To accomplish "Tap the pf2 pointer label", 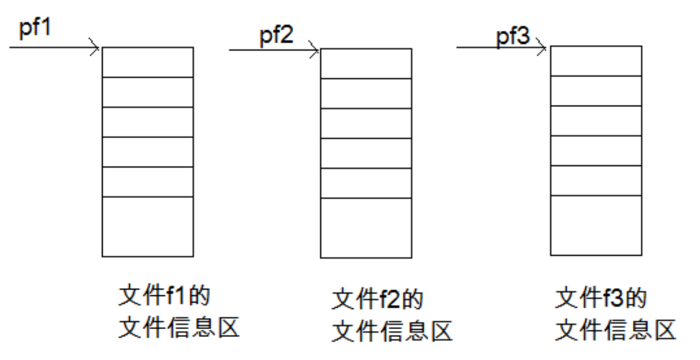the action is point(276,36).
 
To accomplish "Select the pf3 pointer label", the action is point(513,37).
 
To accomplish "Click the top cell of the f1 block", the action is point(148,62).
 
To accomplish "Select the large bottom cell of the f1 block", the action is point(148,227).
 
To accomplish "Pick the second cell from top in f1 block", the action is point(148,92).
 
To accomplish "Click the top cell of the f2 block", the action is point(366,63).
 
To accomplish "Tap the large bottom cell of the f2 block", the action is point(366,228).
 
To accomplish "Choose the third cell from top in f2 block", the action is point(366,123).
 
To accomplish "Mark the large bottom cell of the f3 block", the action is point(596,225).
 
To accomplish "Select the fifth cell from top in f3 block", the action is point(596,180).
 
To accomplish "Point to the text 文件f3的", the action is point(600,298).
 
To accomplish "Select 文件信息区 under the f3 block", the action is point(616,330).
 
